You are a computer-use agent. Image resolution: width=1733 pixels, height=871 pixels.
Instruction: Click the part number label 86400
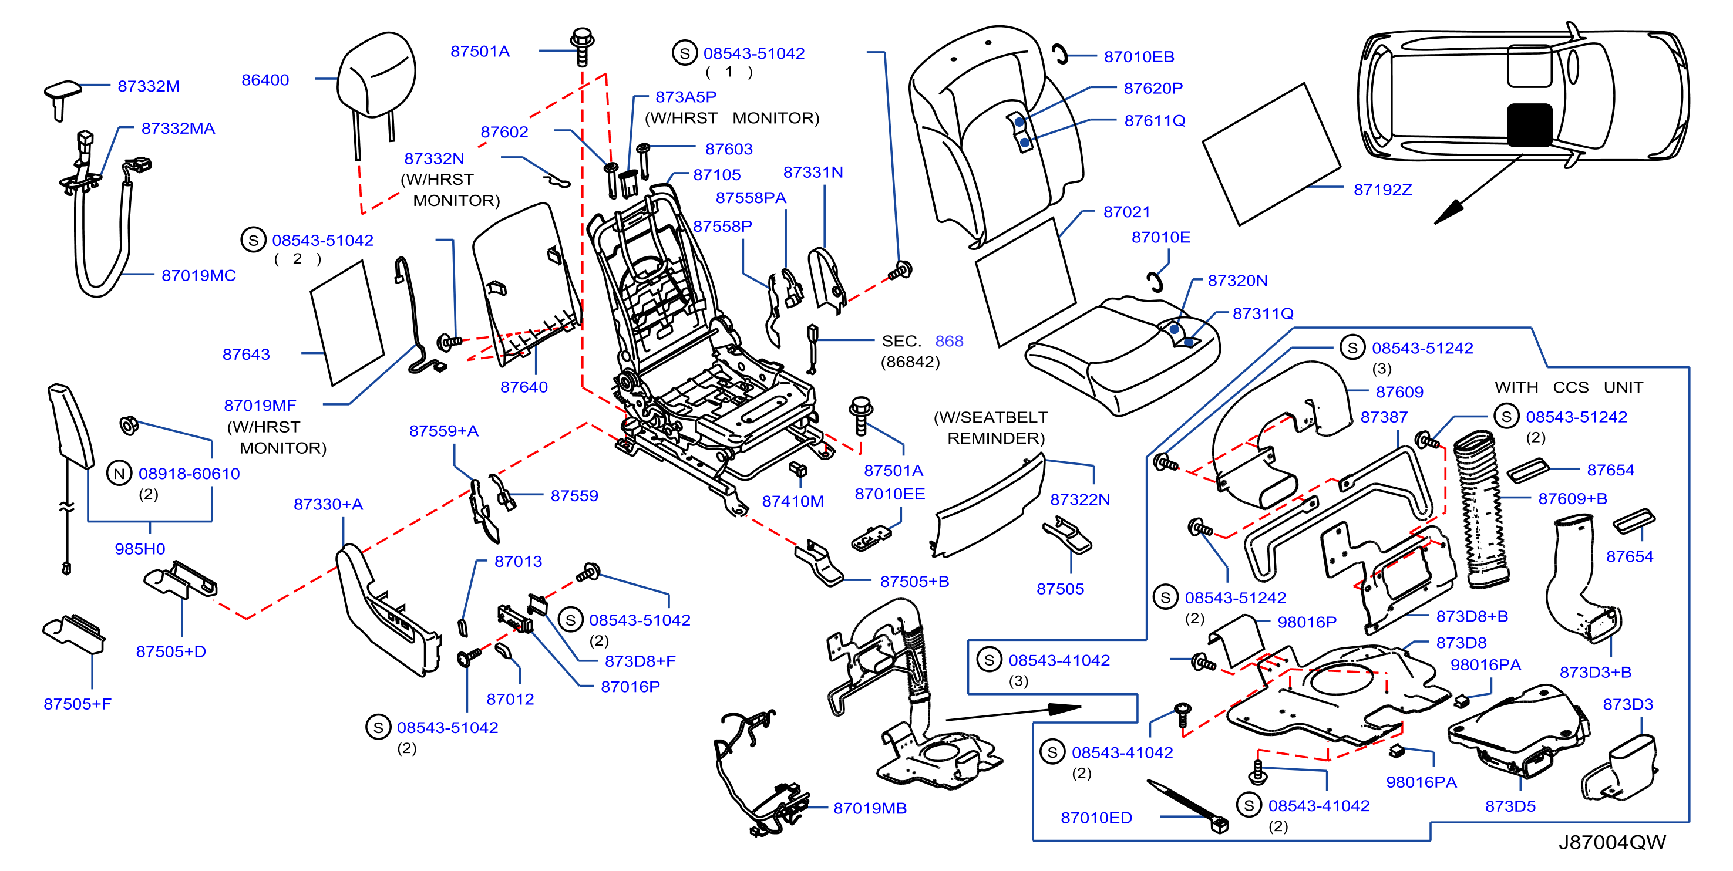tap(265, 80)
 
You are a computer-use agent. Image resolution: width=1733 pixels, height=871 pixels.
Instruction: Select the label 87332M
tap(149, 86)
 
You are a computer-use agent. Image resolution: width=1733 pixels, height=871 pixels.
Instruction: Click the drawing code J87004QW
tap(1612, 842)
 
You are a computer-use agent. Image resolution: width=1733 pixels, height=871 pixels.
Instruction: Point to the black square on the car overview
tap(1529, 125)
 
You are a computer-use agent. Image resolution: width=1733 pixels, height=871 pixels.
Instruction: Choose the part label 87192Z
tap(1382, 190)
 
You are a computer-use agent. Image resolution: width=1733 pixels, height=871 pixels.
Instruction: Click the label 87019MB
tap(870, 808)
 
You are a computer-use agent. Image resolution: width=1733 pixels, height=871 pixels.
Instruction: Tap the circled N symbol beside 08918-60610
tap(119, 474)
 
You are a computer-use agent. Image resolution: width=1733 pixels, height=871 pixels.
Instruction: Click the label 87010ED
tap(1096, 817)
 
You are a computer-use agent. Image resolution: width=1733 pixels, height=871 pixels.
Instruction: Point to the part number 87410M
tap(792, 501)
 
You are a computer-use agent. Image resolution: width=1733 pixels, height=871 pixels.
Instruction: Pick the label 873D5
tap(1510, 806)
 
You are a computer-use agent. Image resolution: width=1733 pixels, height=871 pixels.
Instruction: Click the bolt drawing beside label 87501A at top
tap(582, 46)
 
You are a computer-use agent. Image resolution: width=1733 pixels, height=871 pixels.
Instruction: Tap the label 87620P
tap(1153, 88)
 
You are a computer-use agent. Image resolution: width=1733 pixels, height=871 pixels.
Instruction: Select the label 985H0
tap(140, 549)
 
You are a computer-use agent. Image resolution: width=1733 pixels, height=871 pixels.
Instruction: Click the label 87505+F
tap(78, 704)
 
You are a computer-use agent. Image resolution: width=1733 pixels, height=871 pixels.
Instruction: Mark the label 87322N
tap(1080, 499)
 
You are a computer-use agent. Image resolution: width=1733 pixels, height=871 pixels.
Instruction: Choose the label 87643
tap(246, 355)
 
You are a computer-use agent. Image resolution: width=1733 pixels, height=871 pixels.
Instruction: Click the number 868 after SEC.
tap(948, 341)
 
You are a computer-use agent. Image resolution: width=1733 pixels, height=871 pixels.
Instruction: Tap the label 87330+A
tap(328, 504)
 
